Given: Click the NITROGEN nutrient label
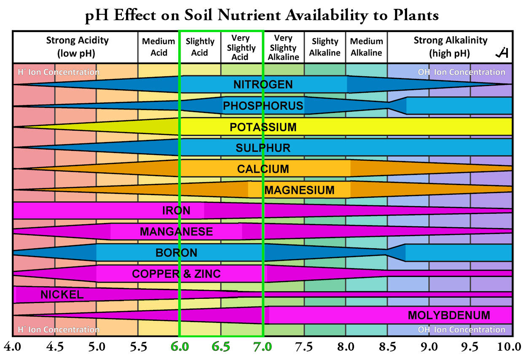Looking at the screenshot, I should coord(263,84).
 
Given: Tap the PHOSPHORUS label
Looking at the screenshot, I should coord(263,105).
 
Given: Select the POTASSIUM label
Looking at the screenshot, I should coord(263,127).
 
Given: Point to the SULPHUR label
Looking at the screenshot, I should coord(263,148).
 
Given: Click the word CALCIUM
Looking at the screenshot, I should coord(263,169).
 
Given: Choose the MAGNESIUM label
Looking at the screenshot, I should coord(299,190).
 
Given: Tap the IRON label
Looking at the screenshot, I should coord(176,210).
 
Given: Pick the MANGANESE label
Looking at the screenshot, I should coord(176,231).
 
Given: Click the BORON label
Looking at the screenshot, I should coord(176,253).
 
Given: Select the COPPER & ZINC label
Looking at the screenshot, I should coord(176,274).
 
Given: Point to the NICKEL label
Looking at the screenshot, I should coord(62,295).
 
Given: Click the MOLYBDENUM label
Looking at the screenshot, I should coord(449,315).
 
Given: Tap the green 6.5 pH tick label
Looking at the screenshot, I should coord(221,347).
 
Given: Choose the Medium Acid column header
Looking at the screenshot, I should coord(158,47).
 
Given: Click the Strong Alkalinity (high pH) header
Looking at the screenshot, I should coord(450,47).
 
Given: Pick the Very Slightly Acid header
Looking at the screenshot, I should coord(240,47).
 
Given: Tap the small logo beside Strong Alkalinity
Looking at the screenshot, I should coord(502,53).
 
